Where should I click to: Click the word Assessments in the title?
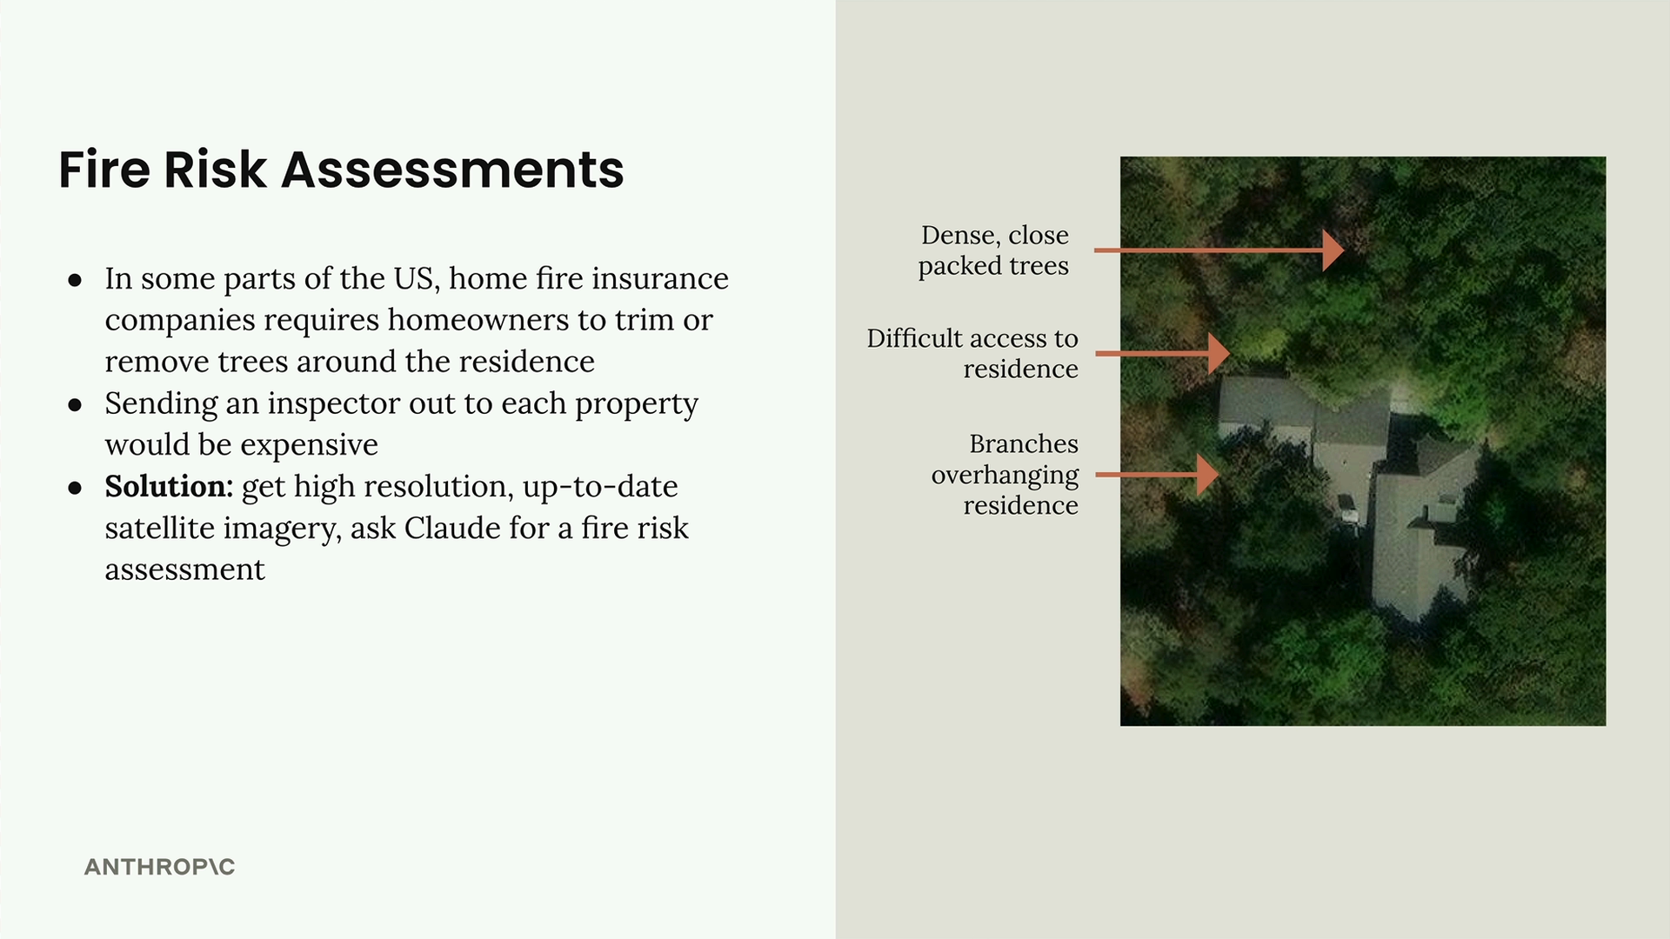point(452,170)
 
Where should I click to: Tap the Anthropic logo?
point(159,867)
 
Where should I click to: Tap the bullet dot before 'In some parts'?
point(75,280)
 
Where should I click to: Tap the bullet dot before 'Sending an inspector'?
point(75,405)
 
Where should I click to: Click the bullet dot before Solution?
point(75,488)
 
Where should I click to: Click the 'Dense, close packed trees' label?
point(994,250)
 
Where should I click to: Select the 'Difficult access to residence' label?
point(972,353)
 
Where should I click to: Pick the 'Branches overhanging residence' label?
point(1005,475)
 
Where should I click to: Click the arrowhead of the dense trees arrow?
point(1333,250)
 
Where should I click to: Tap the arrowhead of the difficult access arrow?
point(1219,354)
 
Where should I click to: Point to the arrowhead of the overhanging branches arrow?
point(1208,475)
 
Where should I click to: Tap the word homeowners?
point(478,320)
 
